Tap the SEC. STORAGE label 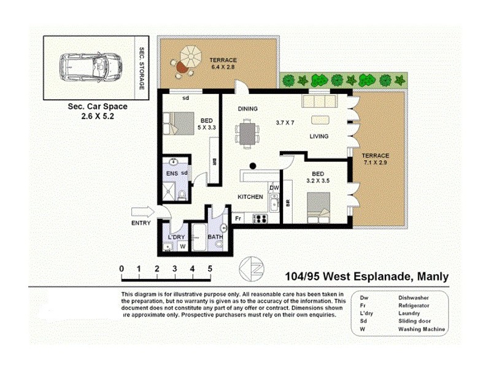tap(141, 68)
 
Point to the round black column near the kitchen tap(252, 166)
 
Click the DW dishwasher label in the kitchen tap(274, 188)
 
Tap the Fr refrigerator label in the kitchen tap(238, 218)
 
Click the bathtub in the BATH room tap(200, 237)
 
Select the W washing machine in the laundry tap(182, 247)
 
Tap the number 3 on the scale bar tap(175, 269)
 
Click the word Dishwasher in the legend tap(413, 297)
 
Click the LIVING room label tap(319, 137)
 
